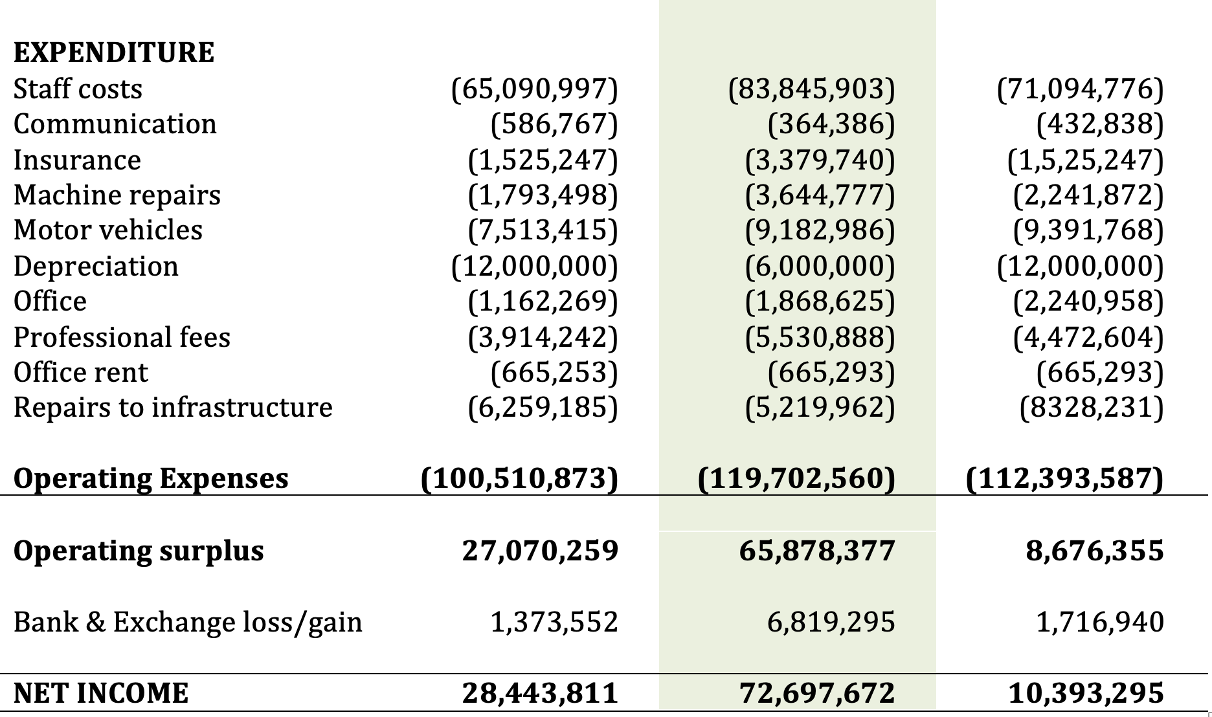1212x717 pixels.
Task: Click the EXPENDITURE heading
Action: click(114, 52)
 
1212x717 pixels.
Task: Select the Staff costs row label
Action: click(78, 89)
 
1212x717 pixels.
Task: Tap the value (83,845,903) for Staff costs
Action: click(811, 89)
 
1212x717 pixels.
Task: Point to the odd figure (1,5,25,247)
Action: click(1085, 160)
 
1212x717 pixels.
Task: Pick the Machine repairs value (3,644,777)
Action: click(820, 195)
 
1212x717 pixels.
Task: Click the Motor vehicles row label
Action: click(108, 230)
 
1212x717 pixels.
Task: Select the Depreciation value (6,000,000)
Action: click(820, 266)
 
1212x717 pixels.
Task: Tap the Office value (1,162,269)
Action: click(543, 302)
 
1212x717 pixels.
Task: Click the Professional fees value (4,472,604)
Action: click(1088, 337)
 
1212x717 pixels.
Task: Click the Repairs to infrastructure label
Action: click(173, 408)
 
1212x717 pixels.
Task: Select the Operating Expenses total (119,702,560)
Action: click(796, 478)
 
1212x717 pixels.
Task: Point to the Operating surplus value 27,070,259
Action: click(540, 550)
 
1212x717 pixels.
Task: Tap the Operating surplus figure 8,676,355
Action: click(1094, 550)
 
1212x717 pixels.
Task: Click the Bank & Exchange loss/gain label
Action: click(188, 622)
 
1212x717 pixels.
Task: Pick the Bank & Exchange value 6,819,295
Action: click(831, 622)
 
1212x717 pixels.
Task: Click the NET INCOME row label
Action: click(101, 693)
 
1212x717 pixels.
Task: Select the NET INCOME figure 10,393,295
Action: click(1086, 693)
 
